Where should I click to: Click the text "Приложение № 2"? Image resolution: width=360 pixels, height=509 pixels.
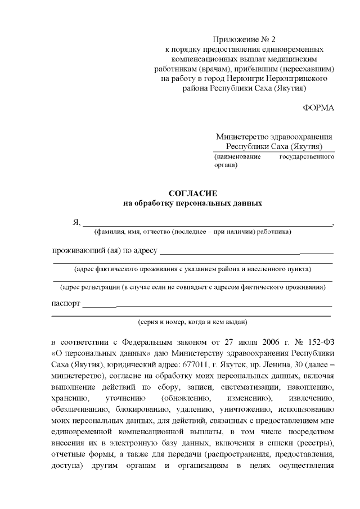pos(245,39)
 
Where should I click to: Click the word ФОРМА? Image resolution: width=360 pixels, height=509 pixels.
pos(318,107)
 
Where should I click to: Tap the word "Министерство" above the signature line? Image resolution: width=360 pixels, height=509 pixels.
pos(241,137)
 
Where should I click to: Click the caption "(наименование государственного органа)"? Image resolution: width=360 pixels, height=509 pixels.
pos(274,161)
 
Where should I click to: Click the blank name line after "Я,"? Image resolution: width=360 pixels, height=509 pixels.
pos(208,224)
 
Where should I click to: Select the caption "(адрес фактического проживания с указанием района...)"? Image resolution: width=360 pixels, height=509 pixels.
pos(192,269)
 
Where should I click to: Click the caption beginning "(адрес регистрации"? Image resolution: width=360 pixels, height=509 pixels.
pos(192,287)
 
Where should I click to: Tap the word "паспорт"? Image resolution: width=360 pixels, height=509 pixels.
pos(66,304)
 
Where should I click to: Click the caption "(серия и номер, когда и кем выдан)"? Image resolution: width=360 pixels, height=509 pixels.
pos(192,322)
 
